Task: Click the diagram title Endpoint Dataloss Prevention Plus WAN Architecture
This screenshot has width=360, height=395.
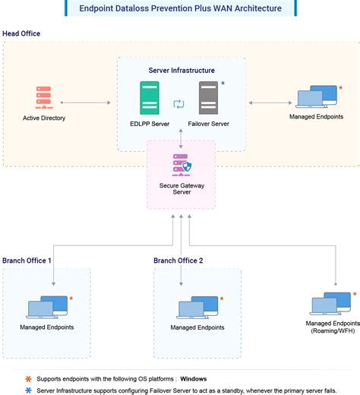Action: coord(179,8)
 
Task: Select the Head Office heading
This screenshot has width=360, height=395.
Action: coord(21,34)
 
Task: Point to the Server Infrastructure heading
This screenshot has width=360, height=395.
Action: coord(181,70)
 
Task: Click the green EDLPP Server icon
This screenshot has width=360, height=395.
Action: coord(149,98)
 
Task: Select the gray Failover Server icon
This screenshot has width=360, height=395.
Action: coord(208,98)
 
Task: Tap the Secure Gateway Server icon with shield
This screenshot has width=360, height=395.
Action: coord(180,168)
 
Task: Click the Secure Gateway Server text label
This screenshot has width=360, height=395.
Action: coord(180,188)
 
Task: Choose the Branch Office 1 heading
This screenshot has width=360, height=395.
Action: coord(27,261)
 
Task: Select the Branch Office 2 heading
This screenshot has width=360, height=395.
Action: coord(179,261)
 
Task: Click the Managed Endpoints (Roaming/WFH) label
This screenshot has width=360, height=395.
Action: coord(330,328)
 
